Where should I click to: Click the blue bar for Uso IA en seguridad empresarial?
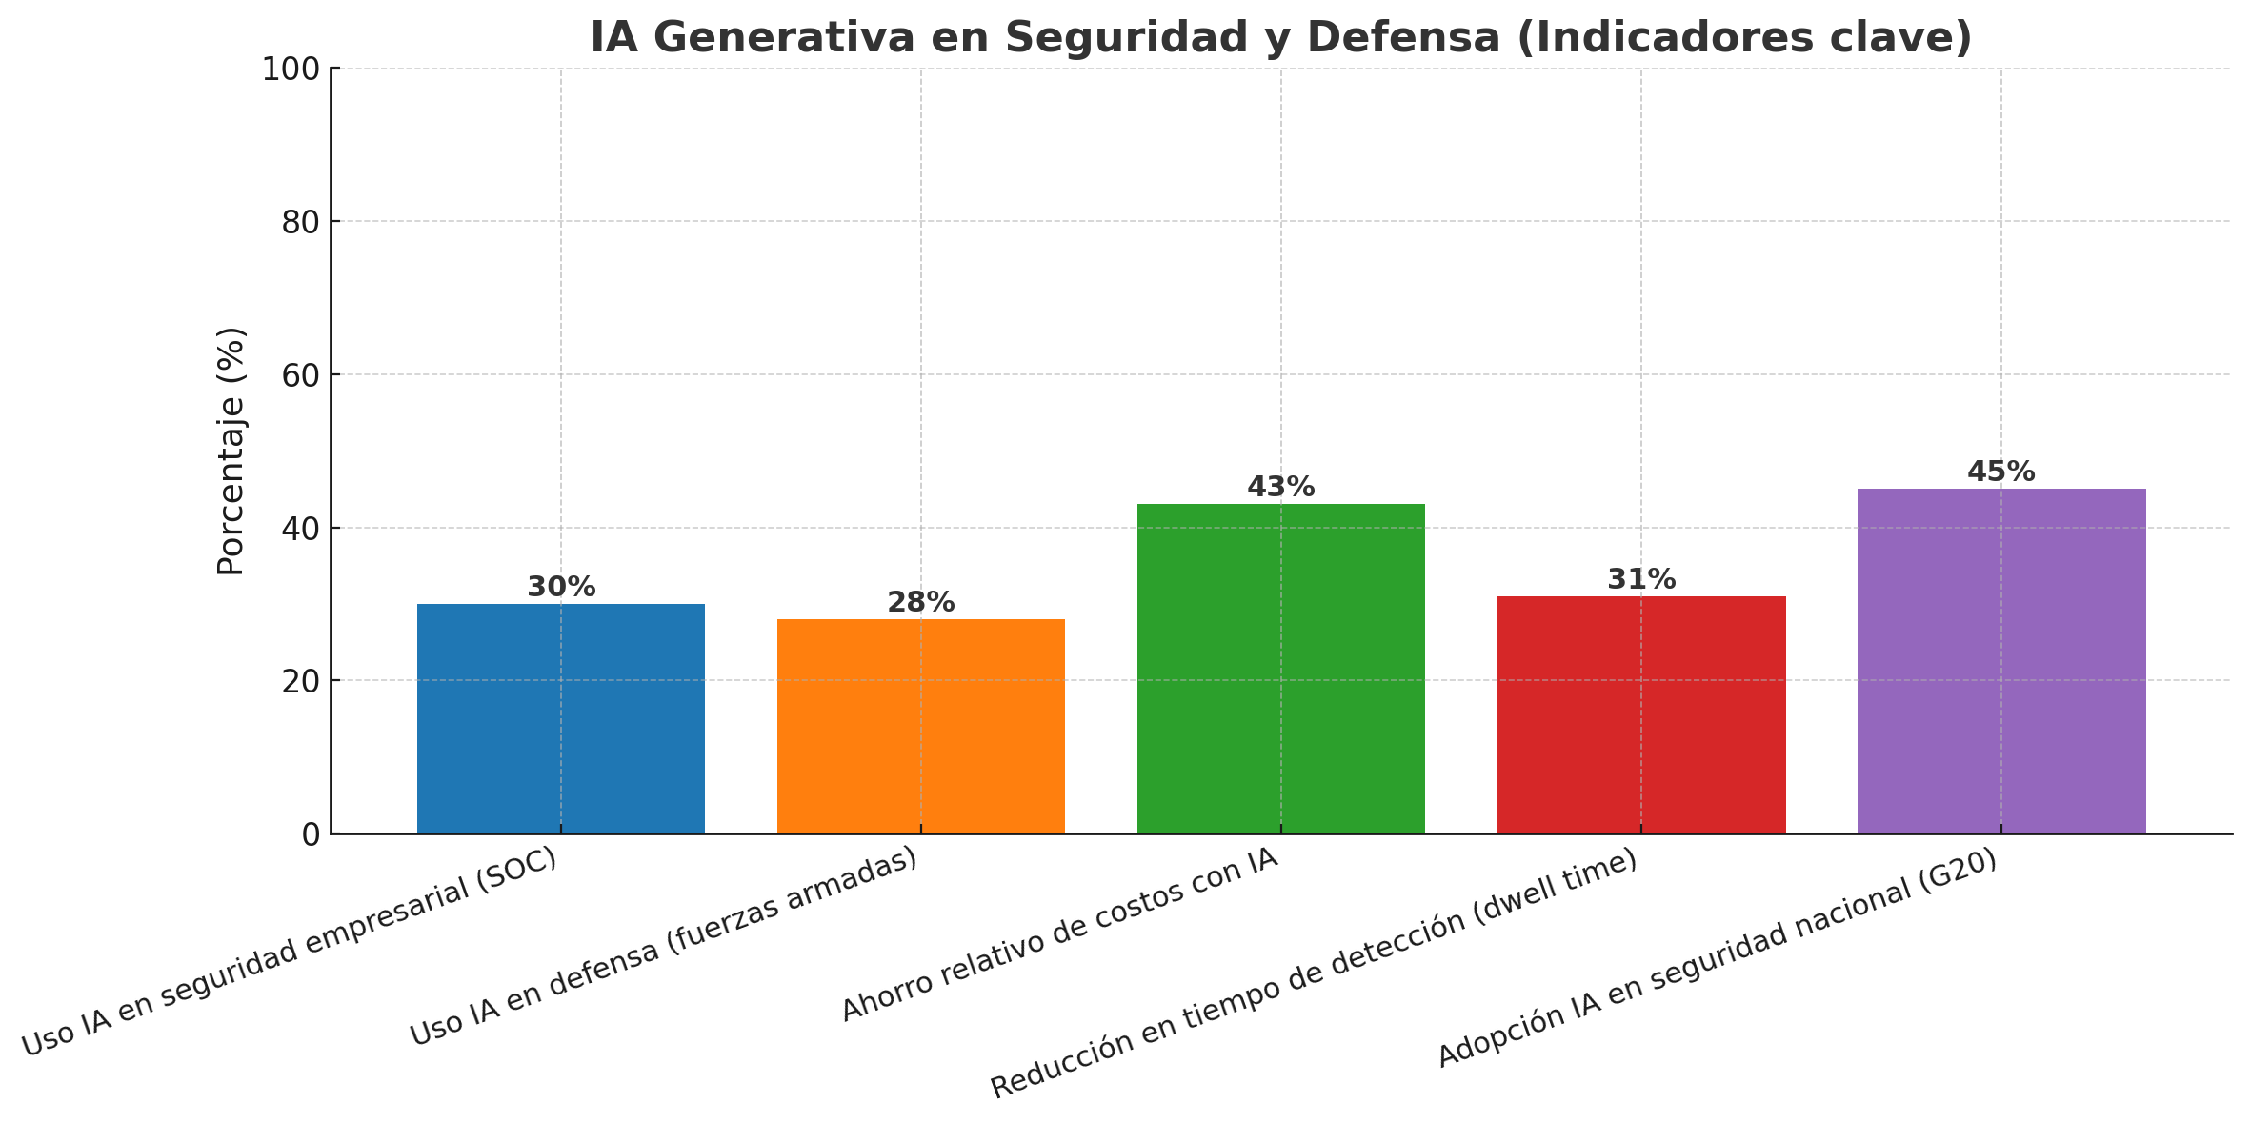click(x=560, y=718)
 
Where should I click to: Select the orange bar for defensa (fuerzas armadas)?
click(x=920, y=726)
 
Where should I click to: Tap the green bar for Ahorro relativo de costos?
click(x=1280, y=669)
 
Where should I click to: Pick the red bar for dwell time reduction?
click(x=1640, y=714)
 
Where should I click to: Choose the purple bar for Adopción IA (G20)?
click(x=2000, y=661)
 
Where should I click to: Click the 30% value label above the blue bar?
click(x=561, y=587)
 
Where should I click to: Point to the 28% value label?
click(x=920, y=602)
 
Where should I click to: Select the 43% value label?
click(x=1280, y=487)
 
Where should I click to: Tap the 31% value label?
click(x=1640, y=579)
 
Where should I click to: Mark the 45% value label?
click(x=2000, y=472)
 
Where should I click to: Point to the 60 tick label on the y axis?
click(x=299, y=374)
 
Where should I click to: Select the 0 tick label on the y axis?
click(x=311, y=834)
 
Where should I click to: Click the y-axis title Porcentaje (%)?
click(x=231, y=451)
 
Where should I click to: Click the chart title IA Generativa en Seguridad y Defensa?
click(x=1280, y=38)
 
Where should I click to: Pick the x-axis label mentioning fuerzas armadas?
click(x=663, y=947)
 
